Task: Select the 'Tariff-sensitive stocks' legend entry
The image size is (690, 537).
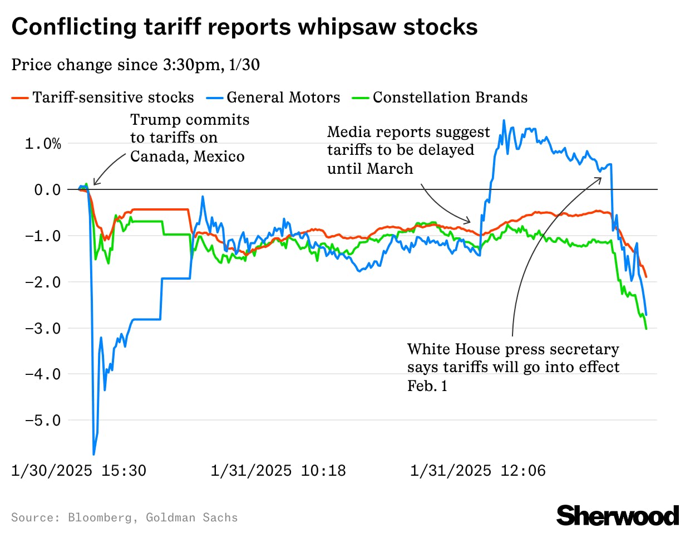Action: (x=113, y=97)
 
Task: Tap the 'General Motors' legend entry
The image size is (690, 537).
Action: (x=283, y=97)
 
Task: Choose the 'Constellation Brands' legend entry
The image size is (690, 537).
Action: (x=450, y=97)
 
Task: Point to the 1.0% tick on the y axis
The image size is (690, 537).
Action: (x=43, y=144)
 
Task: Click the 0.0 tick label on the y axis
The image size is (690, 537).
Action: (x=47, y=190)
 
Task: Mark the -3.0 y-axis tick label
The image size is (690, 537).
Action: (x=43, y=328)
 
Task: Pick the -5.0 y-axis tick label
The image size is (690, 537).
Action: (x=43, y=421)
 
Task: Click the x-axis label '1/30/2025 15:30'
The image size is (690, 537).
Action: (x=78, y=471)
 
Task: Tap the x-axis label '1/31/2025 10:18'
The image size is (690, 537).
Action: (x=278, y=471)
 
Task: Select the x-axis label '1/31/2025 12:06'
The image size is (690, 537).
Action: (x=478, y=471)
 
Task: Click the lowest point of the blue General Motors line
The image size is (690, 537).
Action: (x=93, y=454)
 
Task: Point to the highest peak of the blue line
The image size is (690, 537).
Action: (x=504, y=120)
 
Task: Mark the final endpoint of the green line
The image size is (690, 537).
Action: (x=646, y=329)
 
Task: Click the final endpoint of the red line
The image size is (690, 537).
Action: (x=646, y=277)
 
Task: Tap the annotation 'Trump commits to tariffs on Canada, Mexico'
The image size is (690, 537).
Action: (x=188, y=138)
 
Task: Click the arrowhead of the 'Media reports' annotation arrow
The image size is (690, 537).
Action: (x=470, y=221)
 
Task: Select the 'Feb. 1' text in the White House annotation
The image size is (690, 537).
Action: (x=427, y=386)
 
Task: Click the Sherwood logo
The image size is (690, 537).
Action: (x=617, y=516)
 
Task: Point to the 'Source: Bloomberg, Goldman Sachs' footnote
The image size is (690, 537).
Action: (x=124, y=518)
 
